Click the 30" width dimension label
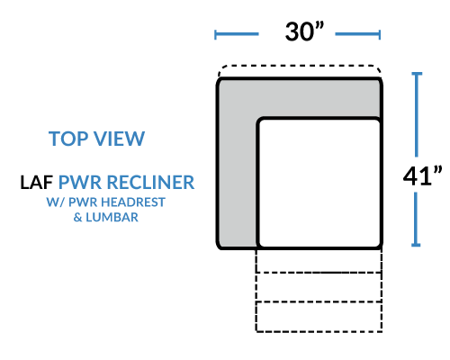[x=304, y=31]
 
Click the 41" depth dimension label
[x=422, y=176]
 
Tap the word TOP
[x=67, y=139]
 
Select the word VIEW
[x=119, y=139]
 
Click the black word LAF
[x=36, y=183]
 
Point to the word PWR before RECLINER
[x=80, y=183]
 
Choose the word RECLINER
[x=151, y=183]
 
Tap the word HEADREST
[x=132, y=202]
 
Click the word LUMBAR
[x=112, y=217]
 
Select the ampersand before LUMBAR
[x=77, y=218]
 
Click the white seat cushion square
[x=319, y=183]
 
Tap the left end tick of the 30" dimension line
[x=215, y=34]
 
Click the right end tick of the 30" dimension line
[x=380, y=34]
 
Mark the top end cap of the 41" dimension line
[x=417, y=74]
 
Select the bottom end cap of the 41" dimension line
[x=416, y=245]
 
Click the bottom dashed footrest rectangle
[x=319, y=317]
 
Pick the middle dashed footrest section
[x=319, y=287]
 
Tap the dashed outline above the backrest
[x=300, y=66]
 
